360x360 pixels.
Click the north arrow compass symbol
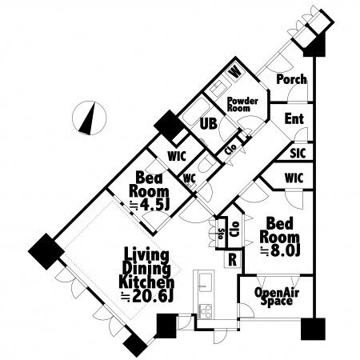[x=89, y=118]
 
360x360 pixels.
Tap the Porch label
[x=291, y=79]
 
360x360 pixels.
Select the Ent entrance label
[x=294, y=118]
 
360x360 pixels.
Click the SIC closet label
[x=298, y=153]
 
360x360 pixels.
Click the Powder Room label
[x=242, y=104]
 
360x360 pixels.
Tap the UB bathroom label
[x=209, y=124]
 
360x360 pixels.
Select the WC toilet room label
[x=190, y=178]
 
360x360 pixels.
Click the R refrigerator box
[x=233, y=259]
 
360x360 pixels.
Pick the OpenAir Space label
[x=277, y=297]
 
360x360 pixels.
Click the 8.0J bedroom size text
[x=282, y=250]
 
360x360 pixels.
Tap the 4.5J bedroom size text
[x=152, y=205]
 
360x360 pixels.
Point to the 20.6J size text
[x=153, y=296]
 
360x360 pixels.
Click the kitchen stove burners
[x=206, y=311]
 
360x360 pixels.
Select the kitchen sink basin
[x=206, y=282]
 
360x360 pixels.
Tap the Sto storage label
[x=221, y=234]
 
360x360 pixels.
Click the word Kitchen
[x=146, y=282]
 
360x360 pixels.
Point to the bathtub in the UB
[x=197, y=112]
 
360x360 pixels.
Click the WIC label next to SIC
[x=294, y=178]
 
